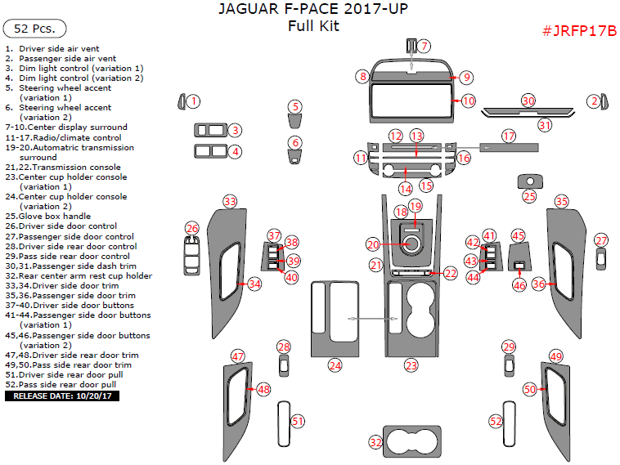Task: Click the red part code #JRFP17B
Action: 578,31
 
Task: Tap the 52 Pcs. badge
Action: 34,29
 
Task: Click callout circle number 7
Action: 425,46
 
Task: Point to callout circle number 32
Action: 375,442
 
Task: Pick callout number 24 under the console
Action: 335,365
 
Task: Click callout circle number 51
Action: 298,422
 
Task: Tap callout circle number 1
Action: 192,101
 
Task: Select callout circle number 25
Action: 529,196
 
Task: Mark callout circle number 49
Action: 556,356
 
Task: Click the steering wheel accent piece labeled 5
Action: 295,121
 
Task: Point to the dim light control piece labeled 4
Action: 209,150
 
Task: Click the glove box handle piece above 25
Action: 529,181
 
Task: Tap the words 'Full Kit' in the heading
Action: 313,25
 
